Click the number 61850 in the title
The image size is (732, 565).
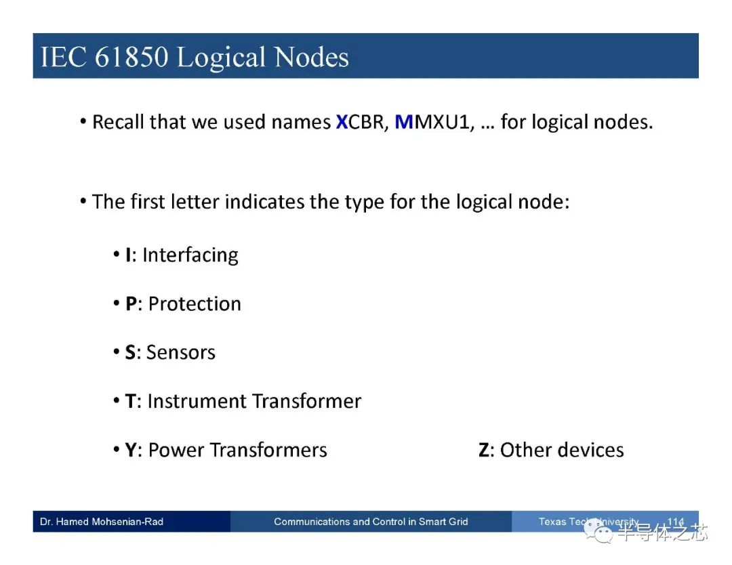point(131,57)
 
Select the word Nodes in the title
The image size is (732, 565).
point(312,57)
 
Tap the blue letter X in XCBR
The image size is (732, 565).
point(342,122)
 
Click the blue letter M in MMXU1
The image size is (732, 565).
point(404,122)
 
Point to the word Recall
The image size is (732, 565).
point(118,122)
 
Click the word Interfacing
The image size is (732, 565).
point(190,255)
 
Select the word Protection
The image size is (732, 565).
point(195,304)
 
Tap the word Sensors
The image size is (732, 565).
point(181,353)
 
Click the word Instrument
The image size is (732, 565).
point(197,401)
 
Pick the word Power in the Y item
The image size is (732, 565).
point(176,451)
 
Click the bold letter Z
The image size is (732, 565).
point(484,451)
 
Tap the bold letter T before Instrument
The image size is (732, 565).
point(130,401)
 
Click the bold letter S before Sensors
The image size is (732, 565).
point(130,353)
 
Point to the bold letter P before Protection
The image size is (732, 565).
point(131,304)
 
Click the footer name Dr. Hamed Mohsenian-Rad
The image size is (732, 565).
point(102,522)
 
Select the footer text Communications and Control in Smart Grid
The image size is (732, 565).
point(371,522)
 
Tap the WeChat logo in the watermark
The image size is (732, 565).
point(598,532)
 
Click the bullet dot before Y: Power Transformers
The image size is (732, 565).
point(117,450)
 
